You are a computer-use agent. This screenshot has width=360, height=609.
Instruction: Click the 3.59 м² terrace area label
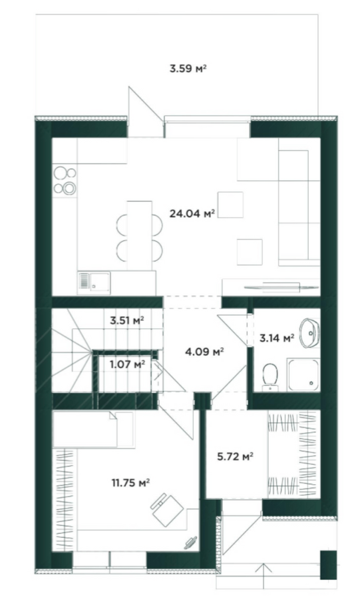pyautogui.click(x=188, y=68)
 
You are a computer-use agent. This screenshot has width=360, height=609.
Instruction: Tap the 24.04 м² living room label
pyautogui.click(x=192, y=214)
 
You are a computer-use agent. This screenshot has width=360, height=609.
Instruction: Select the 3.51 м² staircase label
pyautogui.click(x=126, y=320)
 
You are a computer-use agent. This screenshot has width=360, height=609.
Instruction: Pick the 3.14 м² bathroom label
pyautogui.click(x=277, y=338)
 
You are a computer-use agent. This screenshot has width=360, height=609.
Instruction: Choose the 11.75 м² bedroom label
pyautogui.click(x=130, y=483)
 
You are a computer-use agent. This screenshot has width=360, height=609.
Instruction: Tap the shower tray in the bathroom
pyautogui.click(x=303, y=375)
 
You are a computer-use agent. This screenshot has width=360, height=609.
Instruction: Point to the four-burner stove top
pyautogui.click(x=65, y=180)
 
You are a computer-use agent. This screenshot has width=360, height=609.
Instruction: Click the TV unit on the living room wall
pyautogui.click(x=271, y=286)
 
